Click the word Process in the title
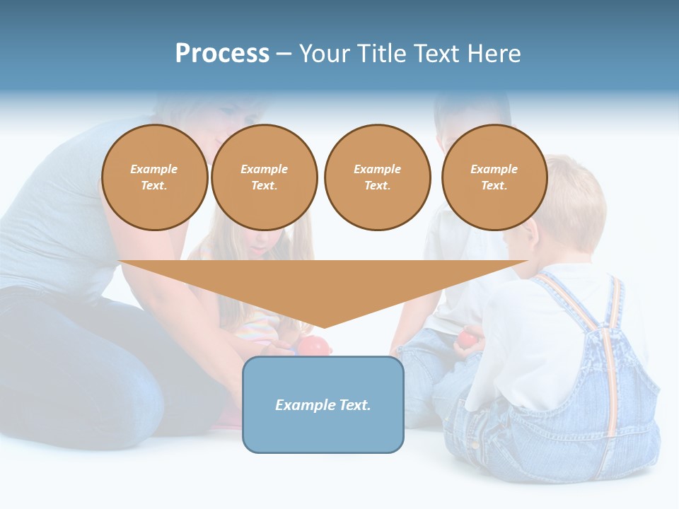click(x=222, y=54)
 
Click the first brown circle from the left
click(x=155, y=177)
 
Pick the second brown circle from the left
click(x=265, y=177)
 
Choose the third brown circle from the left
click(x=377, y=177)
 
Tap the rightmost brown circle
click(x=494, y=177)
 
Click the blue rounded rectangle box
click(x=323, y=424)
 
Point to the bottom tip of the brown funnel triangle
click(x=324, y=326)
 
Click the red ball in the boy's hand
click(x=467, y=339)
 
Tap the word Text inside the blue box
click(x=353, y=405)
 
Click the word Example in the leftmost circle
click(x=154, y=169)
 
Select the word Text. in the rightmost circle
click(x=494, y=185)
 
